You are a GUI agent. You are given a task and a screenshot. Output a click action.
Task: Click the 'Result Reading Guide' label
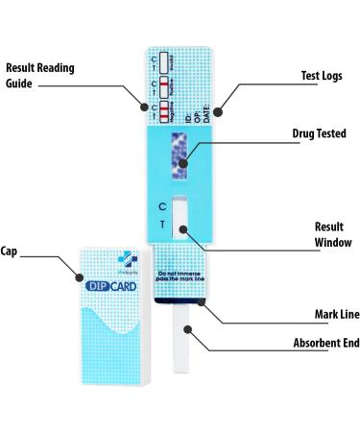tap(40, 76)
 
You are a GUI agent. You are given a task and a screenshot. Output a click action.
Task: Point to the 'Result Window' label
tap(332, 234)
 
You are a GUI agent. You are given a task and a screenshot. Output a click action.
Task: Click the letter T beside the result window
tap(162, 225)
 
